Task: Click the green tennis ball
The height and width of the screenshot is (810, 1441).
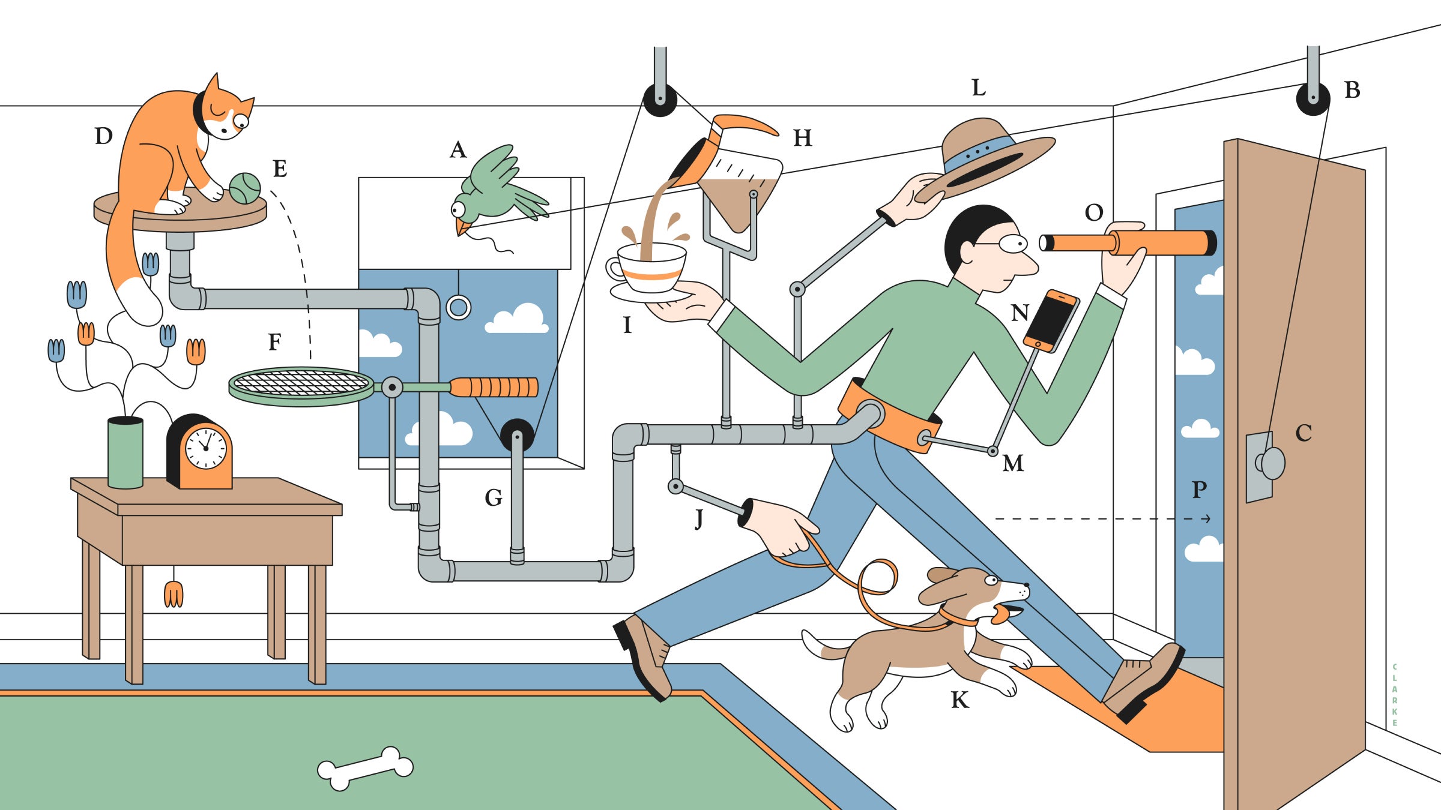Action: coord(245,188)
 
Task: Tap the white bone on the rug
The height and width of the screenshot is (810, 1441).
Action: coord(365,768)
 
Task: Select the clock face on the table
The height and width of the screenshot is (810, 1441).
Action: coord(205,448)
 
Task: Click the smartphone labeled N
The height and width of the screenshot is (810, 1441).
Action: coord(1051,320)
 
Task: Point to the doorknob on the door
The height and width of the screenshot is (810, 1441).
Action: coord(1272,463)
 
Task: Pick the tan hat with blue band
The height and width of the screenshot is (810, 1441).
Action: coord(991,156)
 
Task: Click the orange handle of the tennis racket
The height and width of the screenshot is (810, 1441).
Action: coord(494,387)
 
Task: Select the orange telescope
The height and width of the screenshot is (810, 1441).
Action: coord(1129,242)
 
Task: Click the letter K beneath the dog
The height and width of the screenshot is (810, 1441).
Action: coord(959,700)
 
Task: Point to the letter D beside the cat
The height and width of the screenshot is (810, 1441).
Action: coord(104,136)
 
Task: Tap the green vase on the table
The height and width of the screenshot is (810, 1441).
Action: coord(125,453)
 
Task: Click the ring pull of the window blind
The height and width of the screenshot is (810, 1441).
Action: coord(459,307)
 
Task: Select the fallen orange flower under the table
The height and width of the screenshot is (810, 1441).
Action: coord(174,594)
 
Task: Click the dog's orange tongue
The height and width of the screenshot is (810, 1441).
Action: coord(1001,615)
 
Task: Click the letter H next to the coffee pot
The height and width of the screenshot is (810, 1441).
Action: coord(803,138)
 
